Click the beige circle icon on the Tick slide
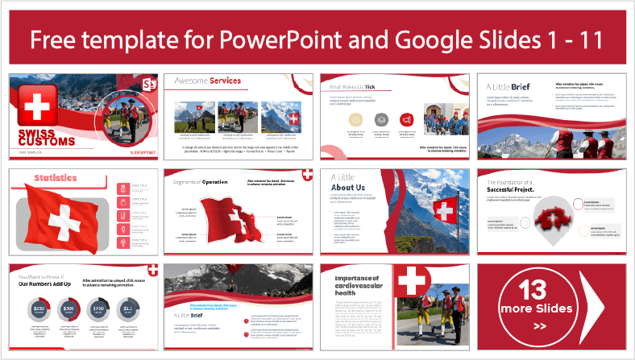pos(355,119)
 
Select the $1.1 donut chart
pos(129,309)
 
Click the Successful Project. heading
pos(513,190)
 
